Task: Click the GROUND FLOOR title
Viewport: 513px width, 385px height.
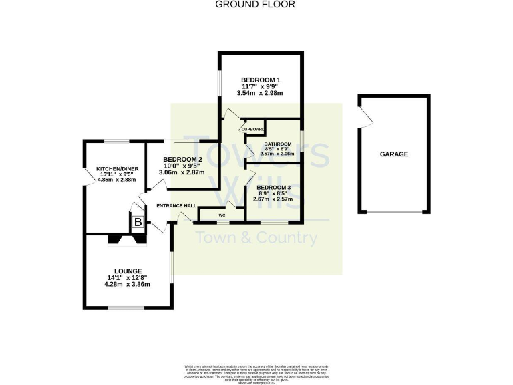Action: (254, 4)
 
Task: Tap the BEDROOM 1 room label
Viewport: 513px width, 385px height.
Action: (261, 80)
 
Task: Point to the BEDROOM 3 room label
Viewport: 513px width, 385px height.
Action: (274, 188)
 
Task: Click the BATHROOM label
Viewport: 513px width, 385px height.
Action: (277, 144)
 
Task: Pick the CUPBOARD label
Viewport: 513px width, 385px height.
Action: (254, 129)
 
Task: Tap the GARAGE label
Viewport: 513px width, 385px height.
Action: (394, 154)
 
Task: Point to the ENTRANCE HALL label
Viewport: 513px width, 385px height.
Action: (176, 205)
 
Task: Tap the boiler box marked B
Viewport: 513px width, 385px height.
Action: (138, 222)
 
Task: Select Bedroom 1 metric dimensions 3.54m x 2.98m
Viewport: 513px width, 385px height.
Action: (261, 93)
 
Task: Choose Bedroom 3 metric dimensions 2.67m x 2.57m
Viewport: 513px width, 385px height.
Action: (274, 198)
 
